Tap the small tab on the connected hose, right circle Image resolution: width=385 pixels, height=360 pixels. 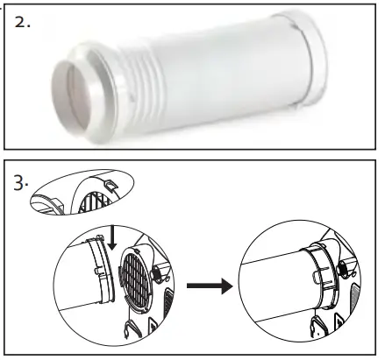295,279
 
